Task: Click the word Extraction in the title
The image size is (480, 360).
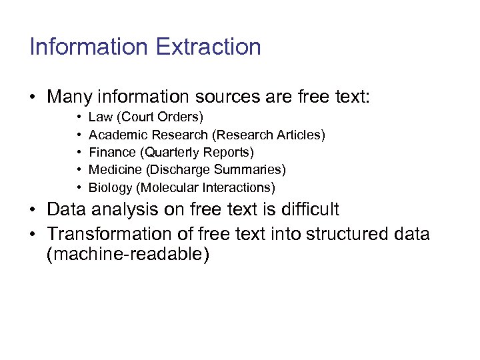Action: click(x=208, y=47)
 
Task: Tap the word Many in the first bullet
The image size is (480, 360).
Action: click(x=69, y=97)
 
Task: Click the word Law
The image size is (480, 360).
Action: click(x=100, y=117)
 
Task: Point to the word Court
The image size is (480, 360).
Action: click(x=137, y=117)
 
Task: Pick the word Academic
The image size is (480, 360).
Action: click(x=115, y=135)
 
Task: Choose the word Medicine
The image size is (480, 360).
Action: click(x=114, y=170)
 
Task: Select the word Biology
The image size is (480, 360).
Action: click(x=111, y=187)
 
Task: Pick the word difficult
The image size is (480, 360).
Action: click(x=309, y=209)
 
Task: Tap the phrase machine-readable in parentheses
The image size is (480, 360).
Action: click(x=128, y=254)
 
